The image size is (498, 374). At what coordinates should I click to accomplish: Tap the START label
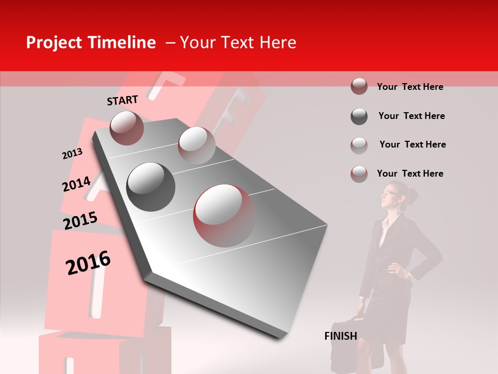click(x=122, y=100)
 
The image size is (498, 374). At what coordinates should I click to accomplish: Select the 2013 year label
click(x=72, y=154)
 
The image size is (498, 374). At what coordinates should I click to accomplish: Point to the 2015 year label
click(x=80, y=221)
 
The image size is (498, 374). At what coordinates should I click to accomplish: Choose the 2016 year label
click(x=88, y=262)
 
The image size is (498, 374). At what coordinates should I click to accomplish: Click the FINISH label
click(x=340, y=336)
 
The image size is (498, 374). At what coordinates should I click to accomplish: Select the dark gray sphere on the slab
click(x=151, y=186)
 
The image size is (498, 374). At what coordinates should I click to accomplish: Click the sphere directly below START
click(x=127, y=128)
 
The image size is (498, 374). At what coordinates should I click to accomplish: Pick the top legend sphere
click(x=359, y=86)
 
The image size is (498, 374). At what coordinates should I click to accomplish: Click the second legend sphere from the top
click(x=359, y=116)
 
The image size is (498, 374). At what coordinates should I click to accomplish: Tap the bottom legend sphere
click(x=359, y=173)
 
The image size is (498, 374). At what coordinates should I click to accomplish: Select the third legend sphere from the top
click(x=359, y=145)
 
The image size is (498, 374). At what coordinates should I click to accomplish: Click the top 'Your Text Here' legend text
click(x=410, y=87)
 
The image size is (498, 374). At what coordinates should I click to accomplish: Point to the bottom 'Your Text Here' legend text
click(x=410, y=173)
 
